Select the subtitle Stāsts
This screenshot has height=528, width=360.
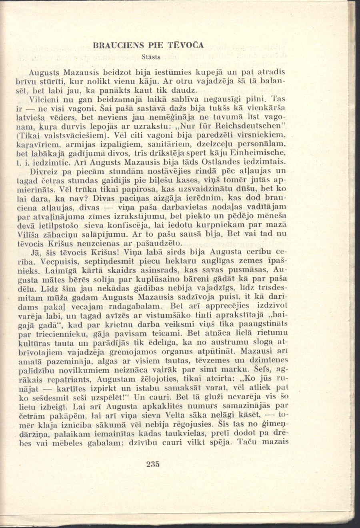point(151,57)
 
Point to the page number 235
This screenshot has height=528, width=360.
point(153,464)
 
